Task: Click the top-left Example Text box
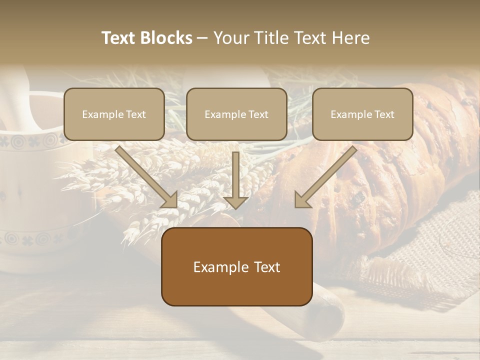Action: pos(114,114)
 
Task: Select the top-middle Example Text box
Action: pos(236,114)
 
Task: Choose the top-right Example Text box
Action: pos(362,114)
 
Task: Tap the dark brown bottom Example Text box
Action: pos(236,266)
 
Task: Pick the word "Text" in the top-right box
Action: pos(384,114)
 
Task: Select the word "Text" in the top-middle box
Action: pos(258,114)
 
